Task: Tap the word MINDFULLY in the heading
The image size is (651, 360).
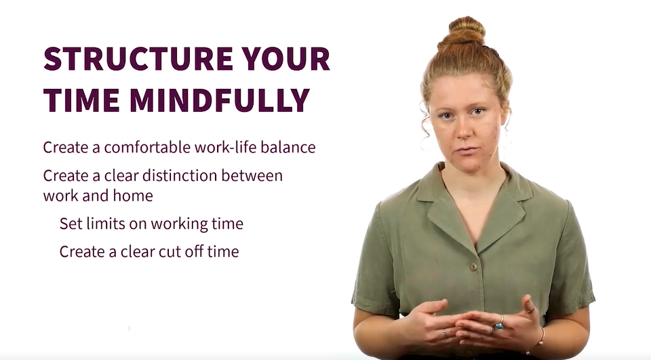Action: (219, 100)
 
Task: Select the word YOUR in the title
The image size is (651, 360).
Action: (286, 58)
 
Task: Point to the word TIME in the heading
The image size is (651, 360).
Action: (81, 100)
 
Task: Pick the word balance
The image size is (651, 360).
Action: (288, 147)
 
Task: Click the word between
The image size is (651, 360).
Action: (252, 175)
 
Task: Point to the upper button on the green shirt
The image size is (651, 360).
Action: (473, 267)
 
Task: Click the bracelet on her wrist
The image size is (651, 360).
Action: (541, 337)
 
